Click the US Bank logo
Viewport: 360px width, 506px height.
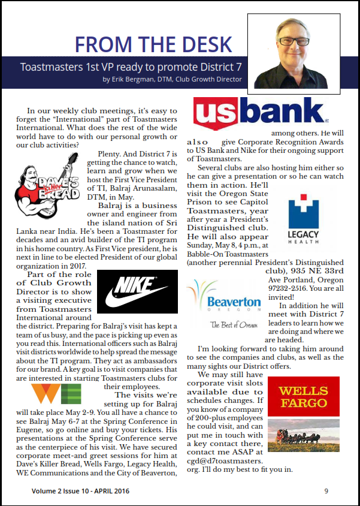click(262, 115)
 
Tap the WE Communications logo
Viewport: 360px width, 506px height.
click(56, 394)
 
